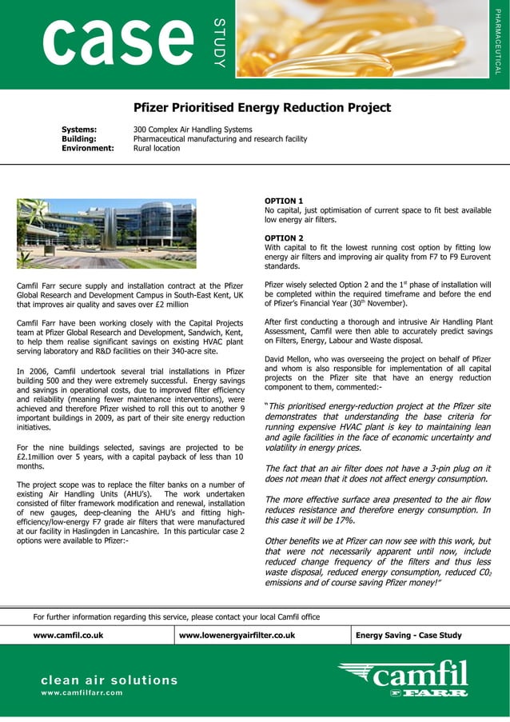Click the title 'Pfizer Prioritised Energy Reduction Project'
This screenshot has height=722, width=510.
coord(262,108)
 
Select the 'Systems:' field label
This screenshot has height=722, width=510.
coord(79,130)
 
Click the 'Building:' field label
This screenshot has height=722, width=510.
coord(80,139)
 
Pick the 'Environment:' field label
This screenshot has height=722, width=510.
coord(88,149)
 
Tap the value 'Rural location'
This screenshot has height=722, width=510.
coord(157,149)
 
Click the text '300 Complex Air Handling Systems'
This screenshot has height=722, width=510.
coord(193,130)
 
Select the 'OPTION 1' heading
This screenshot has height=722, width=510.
coord(284,200)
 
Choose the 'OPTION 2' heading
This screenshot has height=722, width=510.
coord(284,238)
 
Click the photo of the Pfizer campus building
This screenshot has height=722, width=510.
coord(106,233)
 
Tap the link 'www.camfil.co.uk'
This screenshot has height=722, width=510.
coord(68,636)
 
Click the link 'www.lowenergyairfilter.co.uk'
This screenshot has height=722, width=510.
coord(237,636)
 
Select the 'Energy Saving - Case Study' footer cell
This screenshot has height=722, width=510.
coord(408,636)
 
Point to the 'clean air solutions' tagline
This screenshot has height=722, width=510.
coord(110,680)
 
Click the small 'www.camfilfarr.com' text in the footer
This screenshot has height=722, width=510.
coord(82,693)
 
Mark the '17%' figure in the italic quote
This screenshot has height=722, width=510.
coord(345,521)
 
